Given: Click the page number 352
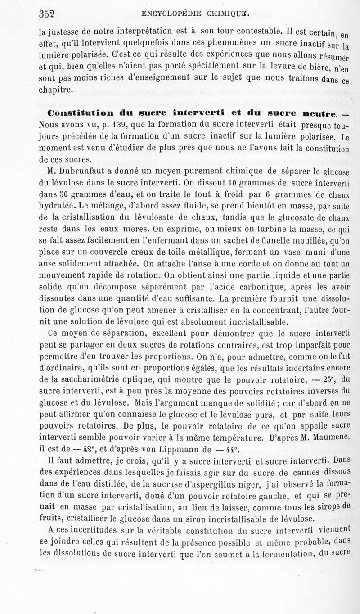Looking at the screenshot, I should (46, 14).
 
